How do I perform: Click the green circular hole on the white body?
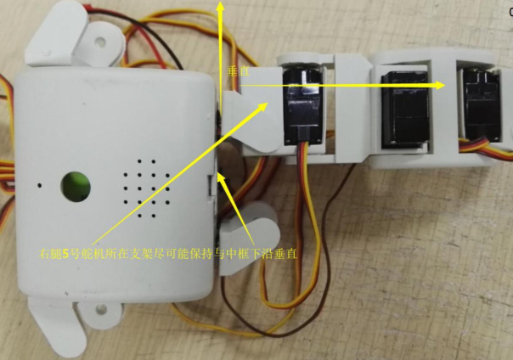(x=76, y=186)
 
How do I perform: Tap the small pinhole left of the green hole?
(x=40, y=185)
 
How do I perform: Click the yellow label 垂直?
(x=238, y=72)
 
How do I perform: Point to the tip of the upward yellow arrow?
(x=221, y=2)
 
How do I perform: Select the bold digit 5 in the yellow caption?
(x=65, y=254)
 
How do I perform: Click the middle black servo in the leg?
(x=404, y=110)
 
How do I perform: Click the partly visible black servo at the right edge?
(x=483, y=106)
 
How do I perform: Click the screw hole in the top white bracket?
(x=100, y=42)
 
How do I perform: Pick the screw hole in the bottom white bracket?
(x=100, y=309)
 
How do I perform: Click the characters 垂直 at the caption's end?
(x=285, y=254)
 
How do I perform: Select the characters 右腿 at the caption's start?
(x=50, y=254)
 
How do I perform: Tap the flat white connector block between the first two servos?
(x=352, y=108)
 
